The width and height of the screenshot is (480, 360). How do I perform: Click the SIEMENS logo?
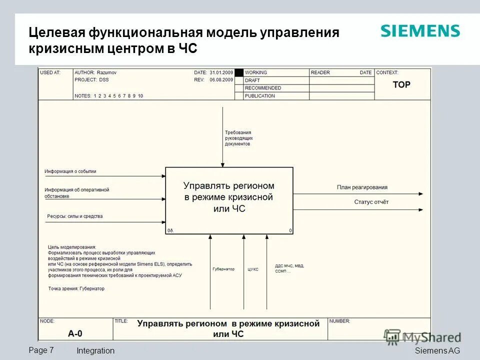click(420, 31)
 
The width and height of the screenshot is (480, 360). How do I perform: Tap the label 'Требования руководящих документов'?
click(238, 138)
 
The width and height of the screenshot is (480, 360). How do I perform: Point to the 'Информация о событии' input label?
click(70, 171)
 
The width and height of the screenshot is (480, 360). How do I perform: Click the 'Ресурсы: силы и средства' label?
click(74, 216)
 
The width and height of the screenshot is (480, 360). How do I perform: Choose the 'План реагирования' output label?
click(362, 187)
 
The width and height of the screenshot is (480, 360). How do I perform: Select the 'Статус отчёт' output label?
click(371, 202)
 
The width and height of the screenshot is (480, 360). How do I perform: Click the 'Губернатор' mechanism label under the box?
click(223, 269)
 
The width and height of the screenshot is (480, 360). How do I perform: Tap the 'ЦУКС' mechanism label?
click(253, 269)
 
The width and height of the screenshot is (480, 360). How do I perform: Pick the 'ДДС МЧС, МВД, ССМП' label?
click(289, 268)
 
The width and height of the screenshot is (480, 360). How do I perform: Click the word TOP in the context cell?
click(401, 85)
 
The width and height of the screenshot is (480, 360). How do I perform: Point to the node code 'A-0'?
click(75, 333)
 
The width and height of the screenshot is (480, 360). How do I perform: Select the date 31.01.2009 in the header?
click(221, 72)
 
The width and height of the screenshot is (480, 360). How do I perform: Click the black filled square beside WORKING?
click(239, 72)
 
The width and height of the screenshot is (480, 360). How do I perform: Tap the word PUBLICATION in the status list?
click(259, 95)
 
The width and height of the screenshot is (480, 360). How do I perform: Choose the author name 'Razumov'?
click(107, 72)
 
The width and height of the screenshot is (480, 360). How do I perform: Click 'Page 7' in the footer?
click(45, 350)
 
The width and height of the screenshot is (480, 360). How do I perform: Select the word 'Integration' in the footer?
click(95, 350)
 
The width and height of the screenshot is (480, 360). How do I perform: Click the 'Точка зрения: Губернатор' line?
click(76, 288)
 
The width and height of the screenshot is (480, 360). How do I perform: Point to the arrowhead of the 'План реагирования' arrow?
click(421, 194)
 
